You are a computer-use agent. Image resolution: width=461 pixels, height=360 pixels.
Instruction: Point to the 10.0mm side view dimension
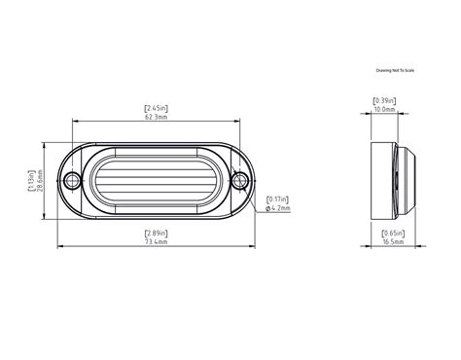click(x=384, y=110)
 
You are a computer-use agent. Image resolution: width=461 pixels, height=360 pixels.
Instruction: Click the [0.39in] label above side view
click(x=384, y=100)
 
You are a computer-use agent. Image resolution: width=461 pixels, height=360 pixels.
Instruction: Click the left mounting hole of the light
click(x=72, y=181)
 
